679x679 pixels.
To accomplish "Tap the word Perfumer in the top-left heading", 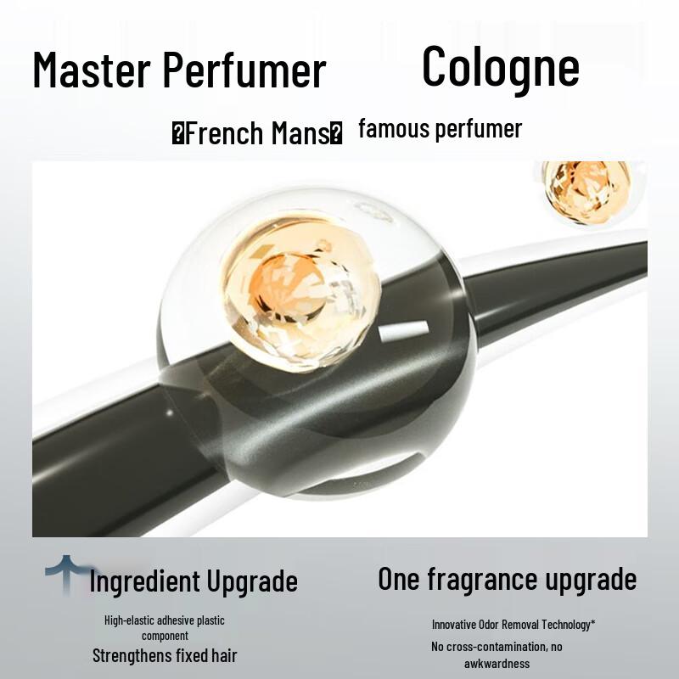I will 255,71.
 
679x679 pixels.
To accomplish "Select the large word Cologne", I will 501,66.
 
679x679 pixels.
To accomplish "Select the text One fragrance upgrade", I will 507,580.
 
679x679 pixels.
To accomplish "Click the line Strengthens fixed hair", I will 165,655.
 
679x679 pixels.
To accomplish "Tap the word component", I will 165,635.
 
